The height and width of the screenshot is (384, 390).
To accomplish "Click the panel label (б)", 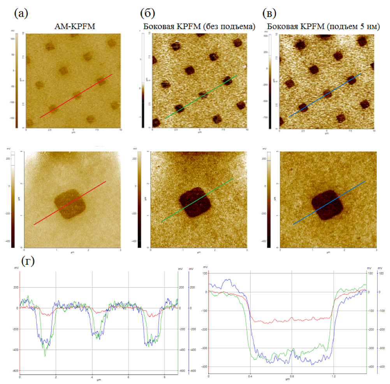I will pos(148,14).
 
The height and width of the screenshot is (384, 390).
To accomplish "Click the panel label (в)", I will pos(270,14).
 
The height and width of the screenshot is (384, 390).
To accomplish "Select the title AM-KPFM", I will pos(74,27).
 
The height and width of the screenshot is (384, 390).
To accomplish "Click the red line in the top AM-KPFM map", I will pos(76,96).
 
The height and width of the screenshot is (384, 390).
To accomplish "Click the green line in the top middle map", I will pos(201,97).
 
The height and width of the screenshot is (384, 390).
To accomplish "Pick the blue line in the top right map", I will pos(325,95).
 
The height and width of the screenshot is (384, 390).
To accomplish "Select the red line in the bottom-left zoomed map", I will pos(70,203).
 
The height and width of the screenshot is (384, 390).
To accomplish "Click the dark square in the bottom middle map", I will pos(195,203).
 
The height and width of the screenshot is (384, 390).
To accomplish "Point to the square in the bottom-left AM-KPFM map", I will pos(70,204).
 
